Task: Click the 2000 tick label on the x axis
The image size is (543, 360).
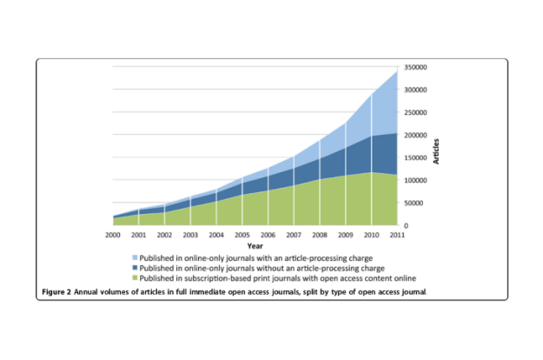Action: click(112, 236)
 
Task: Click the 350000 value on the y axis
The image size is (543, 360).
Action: click(416, 67)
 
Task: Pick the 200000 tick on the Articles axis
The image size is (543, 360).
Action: click(416, 135)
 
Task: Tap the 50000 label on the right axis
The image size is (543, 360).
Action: click(414, 203)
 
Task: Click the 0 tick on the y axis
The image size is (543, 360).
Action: click(406, 225)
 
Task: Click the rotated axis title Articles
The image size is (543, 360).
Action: click(436, 149)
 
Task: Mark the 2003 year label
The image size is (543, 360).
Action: click(189, 236)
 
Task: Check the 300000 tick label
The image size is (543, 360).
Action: click(416, 90)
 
